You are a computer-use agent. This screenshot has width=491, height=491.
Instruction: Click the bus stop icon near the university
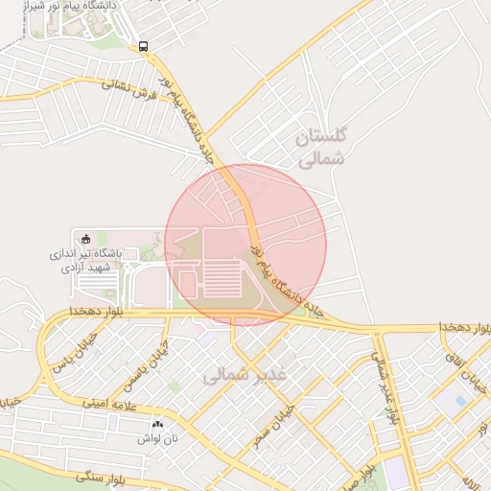coord(143,45)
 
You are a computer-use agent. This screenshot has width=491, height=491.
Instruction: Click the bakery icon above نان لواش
coord(157,423)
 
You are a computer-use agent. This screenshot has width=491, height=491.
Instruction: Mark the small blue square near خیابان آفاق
coord(460,400)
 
